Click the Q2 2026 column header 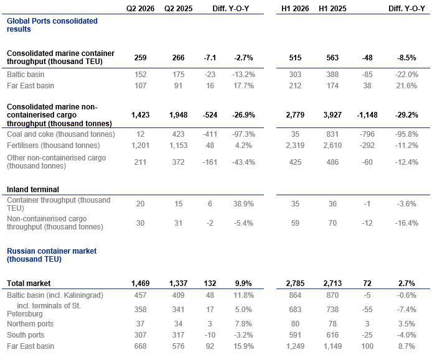[x=140, y=9]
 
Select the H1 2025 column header [x=332, y=9]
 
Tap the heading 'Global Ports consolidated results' [x=52, y=25]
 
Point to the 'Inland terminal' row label [x=33, y=190]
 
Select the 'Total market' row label [x=29, y=283]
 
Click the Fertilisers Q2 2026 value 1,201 [x=140, y=145]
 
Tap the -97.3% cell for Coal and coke [x=243, y=134]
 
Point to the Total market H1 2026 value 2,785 [x=295, y=283]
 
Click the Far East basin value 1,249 [x=295, y=346]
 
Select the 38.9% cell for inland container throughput [x=243, y=204]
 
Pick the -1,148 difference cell [x=367, y=115]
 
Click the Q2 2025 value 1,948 [x=178, y=115]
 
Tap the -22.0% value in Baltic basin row [x=406, y=75]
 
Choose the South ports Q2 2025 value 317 [x=178, y=335]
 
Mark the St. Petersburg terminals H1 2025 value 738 [x=332, y=310]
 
